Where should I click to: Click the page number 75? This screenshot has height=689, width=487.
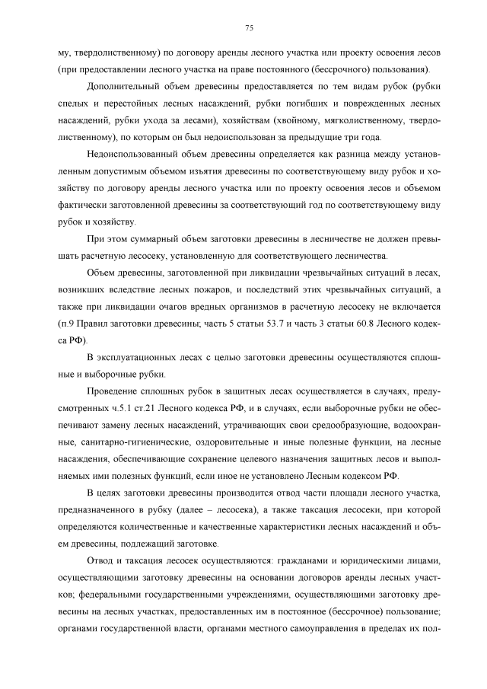(x=249, y=29)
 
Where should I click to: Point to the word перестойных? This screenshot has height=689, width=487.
(x=123, y=103)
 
